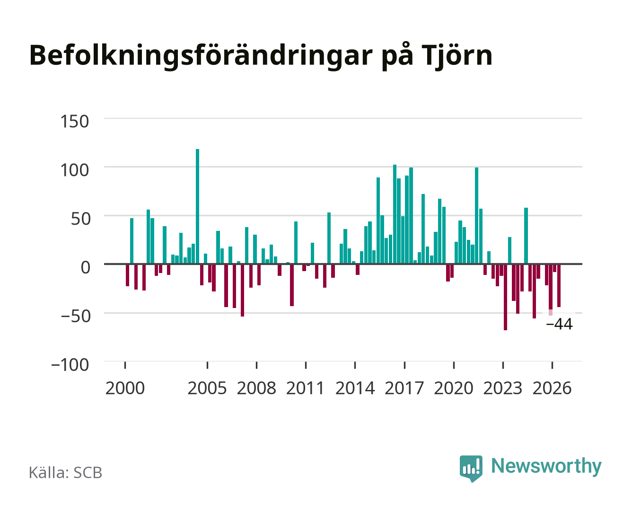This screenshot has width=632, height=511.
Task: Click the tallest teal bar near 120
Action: (x=197, y=206)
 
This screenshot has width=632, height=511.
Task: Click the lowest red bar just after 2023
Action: (x=505, y=297)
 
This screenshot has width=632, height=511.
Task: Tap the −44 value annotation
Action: (x=559, y=324)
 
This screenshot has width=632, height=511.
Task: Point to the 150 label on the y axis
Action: (x=74, y=122)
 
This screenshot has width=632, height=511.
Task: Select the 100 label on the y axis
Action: (x=74, y=170)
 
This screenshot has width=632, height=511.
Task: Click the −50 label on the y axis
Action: (x=75, y=316)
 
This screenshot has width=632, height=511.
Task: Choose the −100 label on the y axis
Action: (x=70, y=365)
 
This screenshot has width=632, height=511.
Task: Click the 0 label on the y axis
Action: (x=86, y=267)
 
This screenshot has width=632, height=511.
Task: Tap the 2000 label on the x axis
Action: (x=125, y=388)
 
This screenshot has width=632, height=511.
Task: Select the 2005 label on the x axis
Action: (x=207, y=388)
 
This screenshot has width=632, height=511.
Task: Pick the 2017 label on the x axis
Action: (x=404, y=388)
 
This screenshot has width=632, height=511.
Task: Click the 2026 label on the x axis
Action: (x=552, y=388)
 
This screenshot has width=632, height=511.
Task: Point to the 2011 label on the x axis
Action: (x=305, y=388)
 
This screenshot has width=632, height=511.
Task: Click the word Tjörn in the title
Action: (x=457, y=55)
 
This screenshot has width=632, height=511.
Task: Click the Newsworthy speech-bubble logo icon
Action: (x=471, y=468)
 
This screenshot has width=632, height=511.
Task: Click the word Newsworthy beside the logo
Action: (x=546, y=467)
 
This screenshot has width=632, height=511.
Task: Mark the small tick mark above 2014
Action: (x=355, y=365)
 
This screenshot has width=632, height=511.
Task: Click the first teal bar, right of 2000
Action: (x=132, y=241)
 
